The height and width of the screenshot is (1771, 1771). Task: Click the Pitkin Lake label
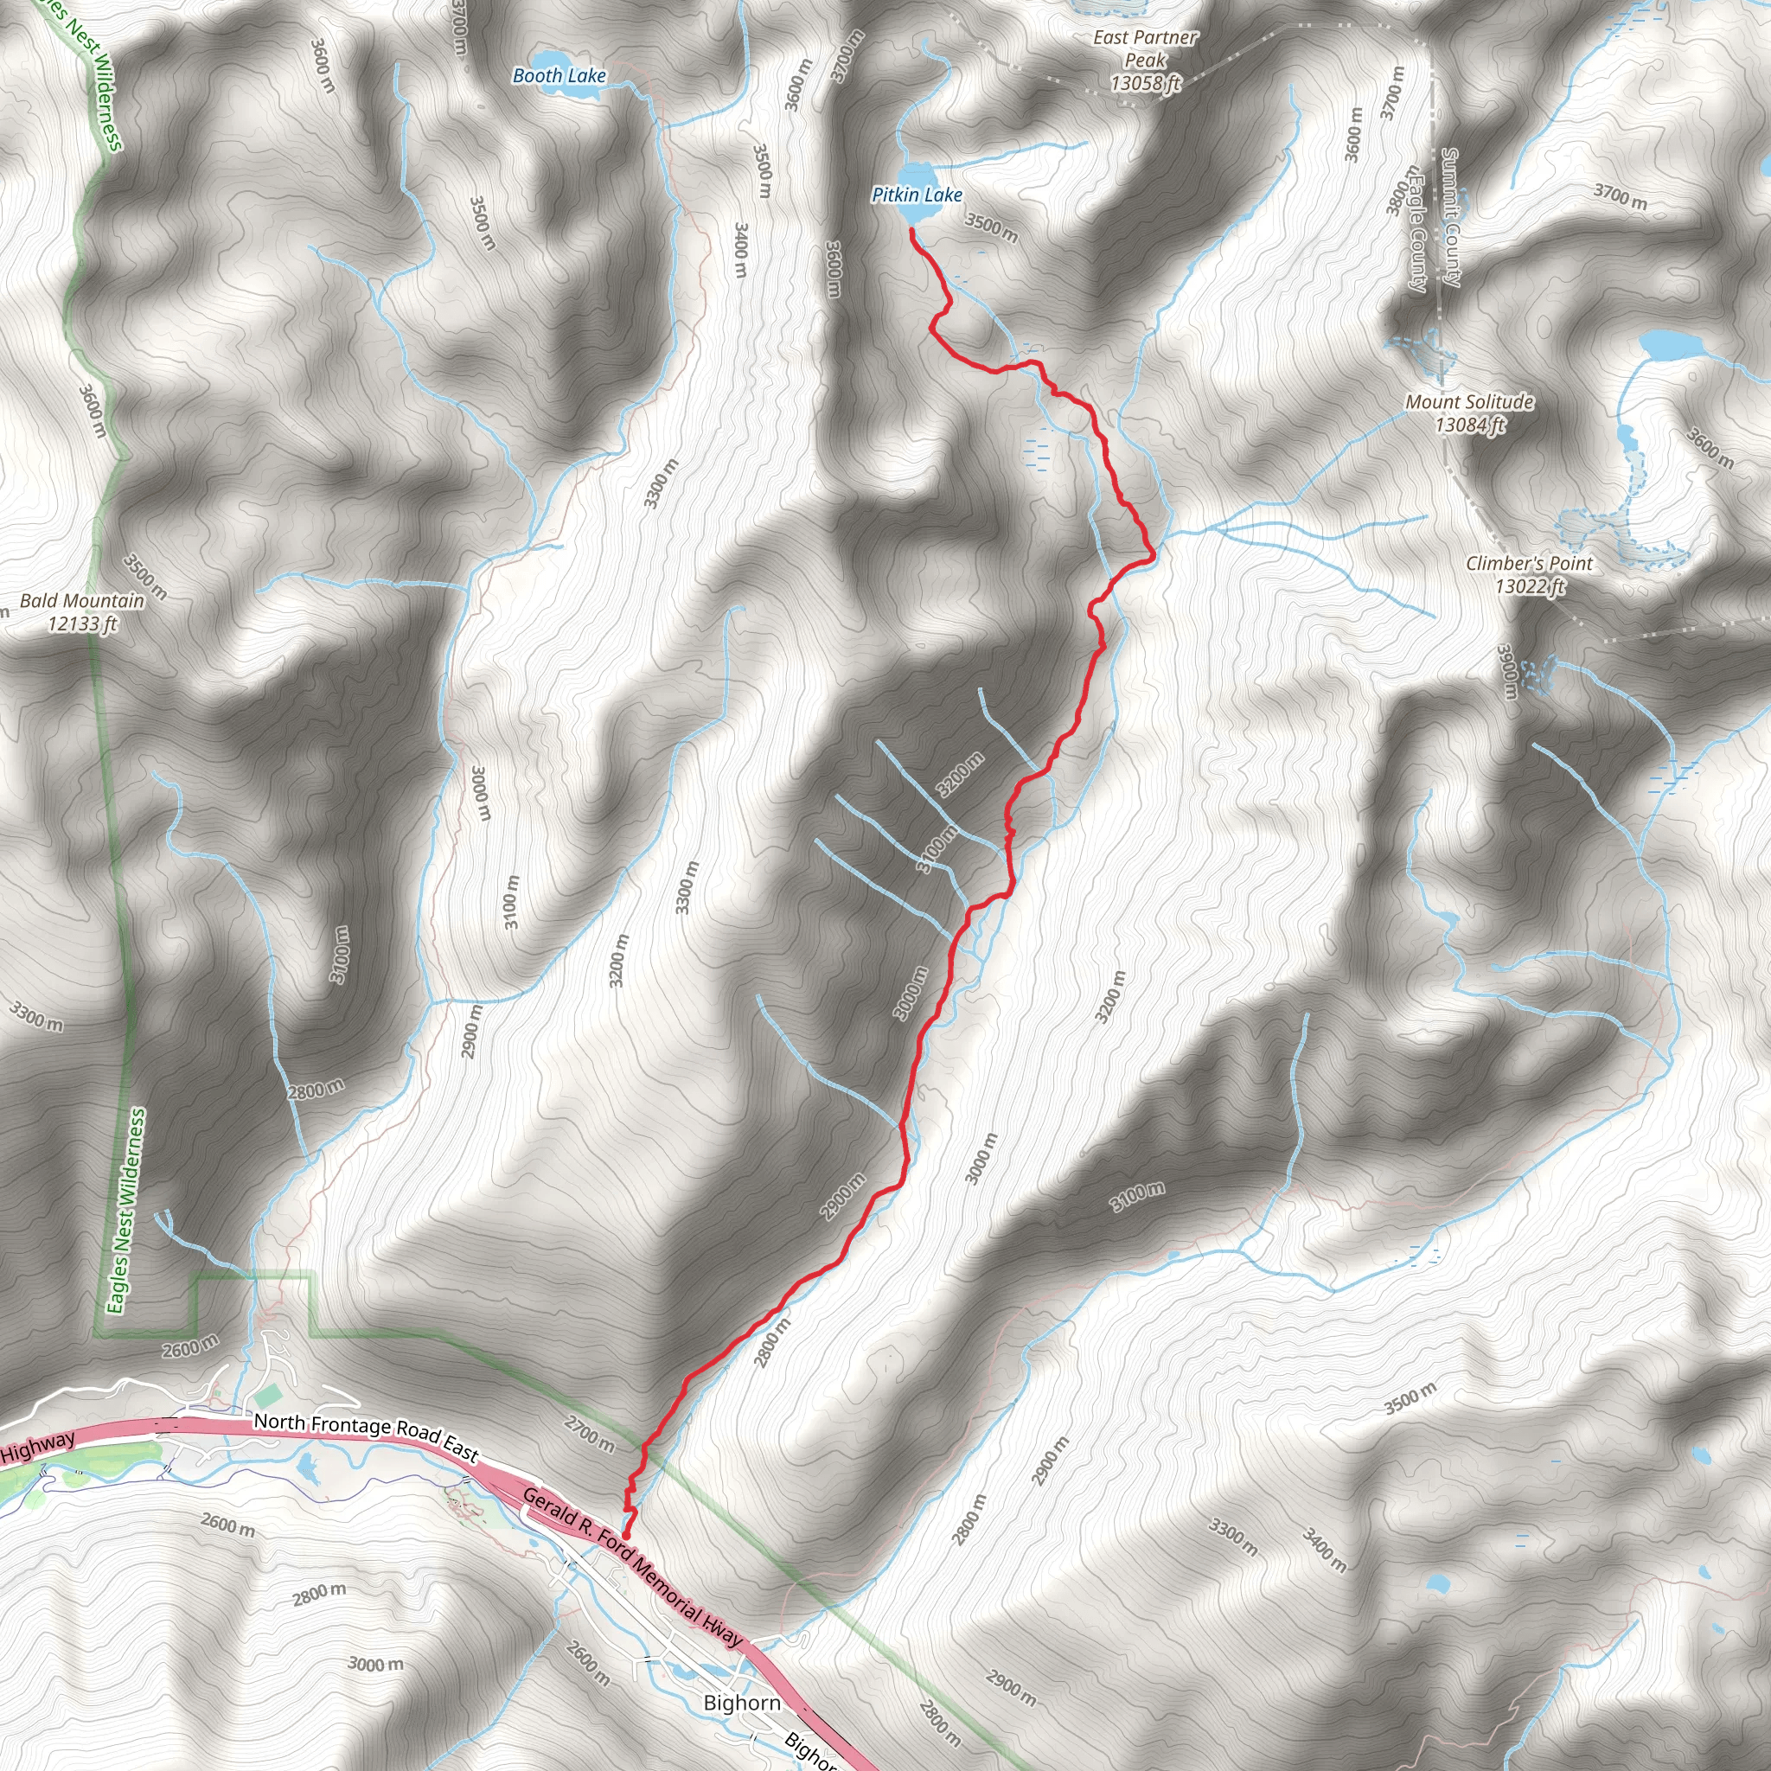(916, 195)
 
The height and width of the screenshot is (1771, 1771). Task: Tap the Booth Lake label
(559, 76)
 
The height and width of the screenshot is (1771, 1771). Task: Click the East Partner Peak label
(1145, 48)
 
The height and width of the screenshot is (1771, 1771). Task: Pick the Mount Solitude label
(1469, 401)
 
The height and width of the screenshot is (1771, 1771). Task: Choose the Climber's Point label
(1529, 563)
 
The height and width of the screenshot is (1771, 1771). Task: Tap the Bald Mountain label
(82, 600)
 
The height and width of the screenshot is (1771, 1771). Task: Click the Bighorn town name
(743, 1702)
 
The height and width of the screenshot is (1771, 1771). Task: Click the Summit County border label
(1450, 217)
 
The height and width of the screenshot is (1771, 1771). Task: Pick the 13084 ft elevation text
(1469, 425)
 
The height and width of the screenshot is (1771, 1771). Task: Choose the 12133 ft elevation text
(82, 624)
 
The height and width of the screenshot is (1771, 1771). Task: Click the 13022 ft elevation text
(1529, 585)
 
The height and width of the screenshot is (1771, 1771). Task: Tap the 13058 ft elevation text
(1145, 83)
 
